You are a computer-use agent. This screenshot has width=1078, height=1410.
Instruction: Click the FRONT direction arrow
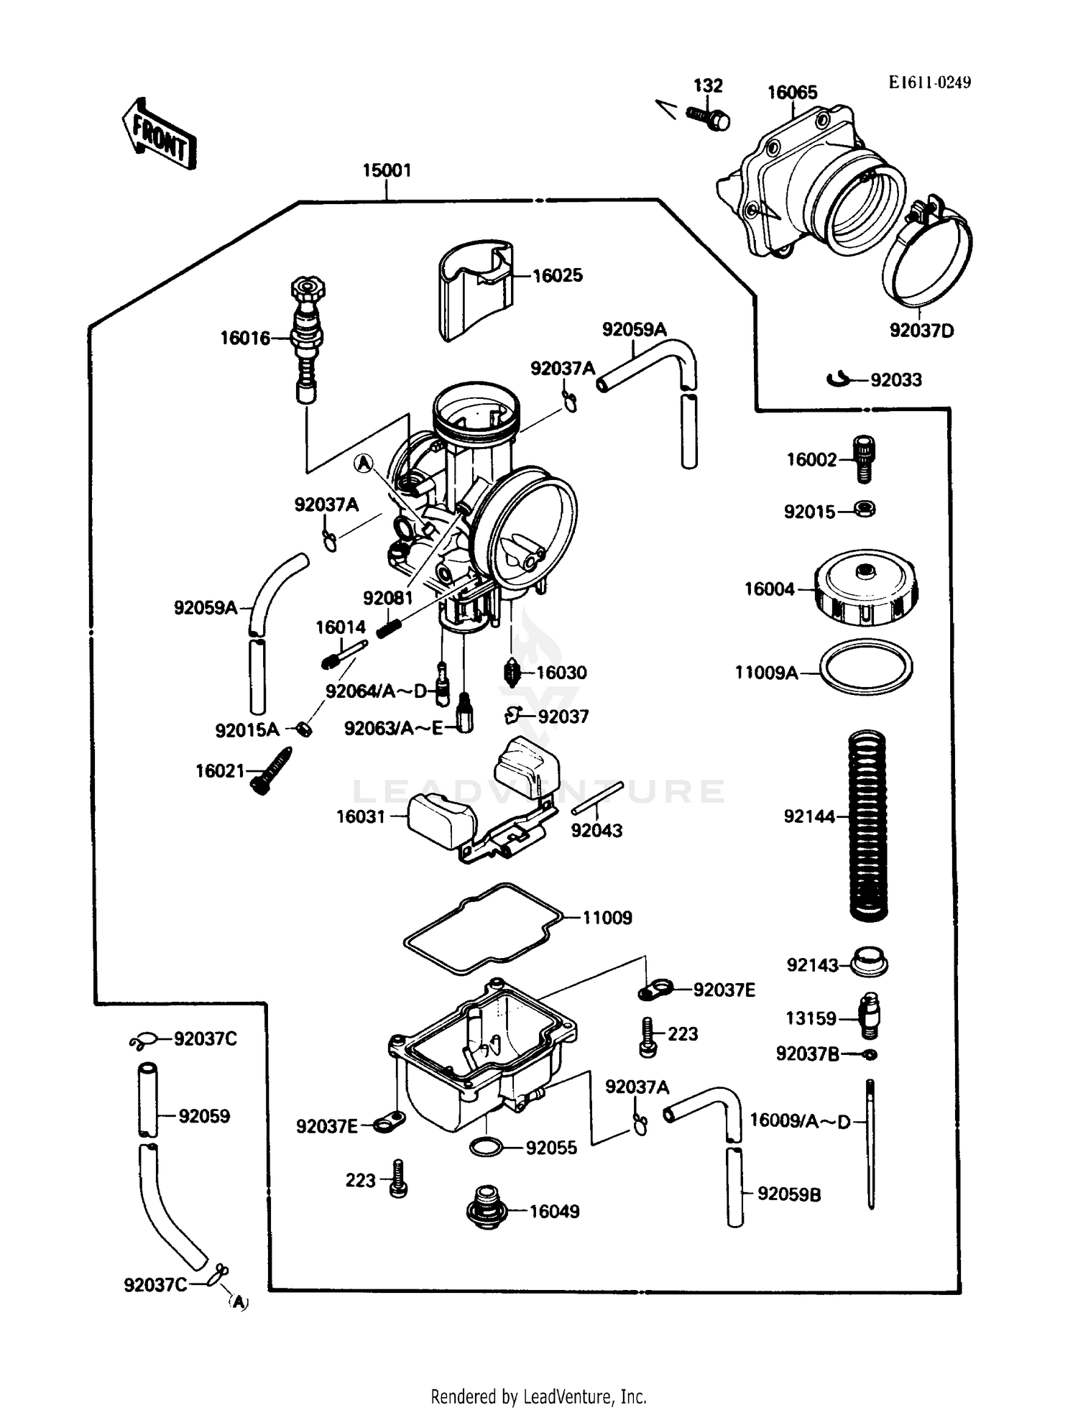point(157,135)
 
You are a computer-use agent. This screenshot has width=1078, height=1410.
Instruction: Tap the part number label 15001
point(387,170)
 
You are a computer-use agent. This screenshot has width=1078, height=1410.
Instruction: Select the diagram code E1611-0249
point(929,82)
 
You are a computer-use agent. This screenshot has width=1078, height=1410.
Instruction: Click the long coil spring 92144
point(868,825)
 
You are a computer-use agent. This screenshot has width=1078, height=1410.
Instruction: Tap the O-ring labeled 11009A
point(866,668)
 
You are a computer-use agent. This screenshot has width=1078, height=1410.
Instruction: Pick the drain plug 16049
point(487,1212)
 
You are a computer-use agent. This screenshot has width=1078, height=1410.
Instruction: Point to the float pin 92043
point(596,798)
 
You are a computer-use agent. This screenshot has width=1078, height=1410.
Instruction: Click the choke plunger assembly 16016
point(308,338)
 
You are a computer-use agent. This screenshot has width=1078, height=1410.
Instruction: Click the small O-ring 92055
point(487,1147)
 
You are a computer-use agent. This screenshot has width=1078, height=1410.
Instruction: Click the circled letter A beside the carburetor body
point(365,464)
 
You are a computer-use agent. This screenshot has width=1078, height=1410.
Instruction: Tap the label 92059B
point(788,1194)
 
